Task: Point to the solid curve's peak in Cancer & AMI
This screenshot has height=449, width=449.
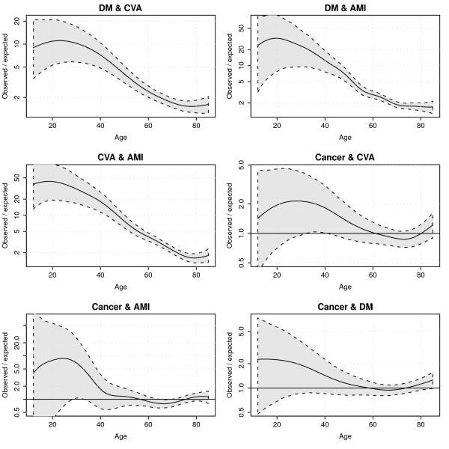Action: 64,358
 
